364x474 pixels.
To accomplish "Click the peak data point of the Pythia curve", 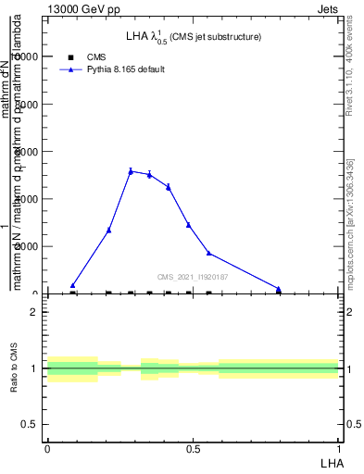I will (x=131, y=170).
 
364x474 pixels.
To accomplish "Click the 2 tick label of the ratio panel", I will (x=35, y=312).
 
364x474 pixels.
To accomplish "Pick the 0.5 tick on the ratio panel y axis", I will (x=31, y=424).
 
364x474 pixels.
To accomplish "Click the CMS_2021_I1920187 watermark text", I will (x=192, y=277).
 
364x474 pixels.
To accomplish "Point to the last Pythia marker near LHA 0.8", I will (x=278, y=288).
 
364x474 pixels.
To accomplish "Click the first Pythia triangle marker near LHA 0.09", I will (x=72, y=285).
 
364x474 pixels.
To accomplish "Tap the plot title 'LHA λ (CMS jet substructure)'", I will (x=193, y=37).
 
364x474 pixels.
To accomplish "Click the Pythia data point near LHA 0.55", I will (x=208, y=253).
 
